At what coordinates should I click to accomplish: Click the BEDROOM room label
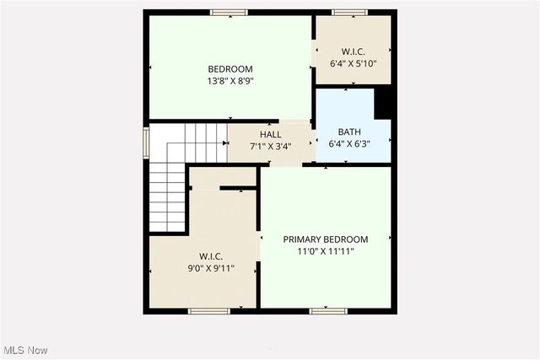tap(230, 69)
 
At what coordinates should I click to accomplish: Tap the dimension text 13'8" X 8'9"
tap(230, 81)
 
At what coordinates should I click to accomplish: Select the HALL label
tap(271, 134)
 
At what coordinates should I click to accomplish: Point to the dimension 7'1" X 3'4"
tap(271, 146)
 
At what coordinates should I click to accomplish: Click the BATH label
tap(348, 132)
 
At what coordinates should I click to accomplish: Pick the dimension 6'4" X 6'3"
tap(348, 143)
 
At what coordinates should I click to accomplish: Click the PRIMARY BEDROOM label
tap(325, 239)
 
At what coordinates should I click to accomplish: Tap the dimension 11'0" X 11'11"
tap(325, 251)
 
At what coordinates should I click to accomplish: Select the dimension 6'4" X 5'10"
tap(353, 62)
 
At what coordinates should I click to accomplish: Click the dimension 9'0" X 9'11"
tap(211, 268)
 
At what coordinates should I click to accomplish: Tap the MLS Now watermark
tap(25, 350)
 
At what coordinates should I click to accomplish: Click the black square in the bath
tap(384, 103)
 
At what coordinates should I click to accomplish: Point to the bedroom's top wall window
tap(229, 13)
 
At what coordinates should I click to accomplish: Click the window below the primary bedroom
tap(328, 311)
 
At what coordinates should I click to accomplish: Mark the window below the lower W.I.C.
tap(209, 311)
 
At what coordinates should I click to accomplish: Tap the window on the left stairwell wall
tap(146, 142)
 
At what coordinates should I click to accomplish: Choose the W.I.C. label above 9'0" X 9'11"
tap(211, 256)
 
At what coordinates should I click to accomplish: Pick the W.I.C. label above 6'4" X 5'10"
tap(353, 51)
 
